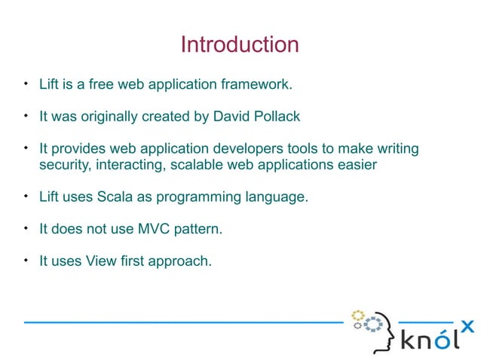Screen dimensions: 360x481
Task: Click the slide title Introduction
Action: point(240,44)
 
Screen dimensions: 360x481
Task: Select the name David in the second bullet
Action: point(231,117)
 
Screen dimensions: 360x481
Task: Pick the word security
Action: point(63,165)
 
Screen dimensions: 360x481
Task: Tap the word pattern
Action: point(192,229)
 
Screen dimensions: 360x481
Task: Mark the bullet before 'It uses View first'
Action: point(26,261)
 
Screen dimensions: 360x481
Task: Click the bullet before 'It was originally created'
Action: point(26,116)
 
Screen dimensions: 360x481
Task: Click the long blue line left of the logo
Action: point(181,322)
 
